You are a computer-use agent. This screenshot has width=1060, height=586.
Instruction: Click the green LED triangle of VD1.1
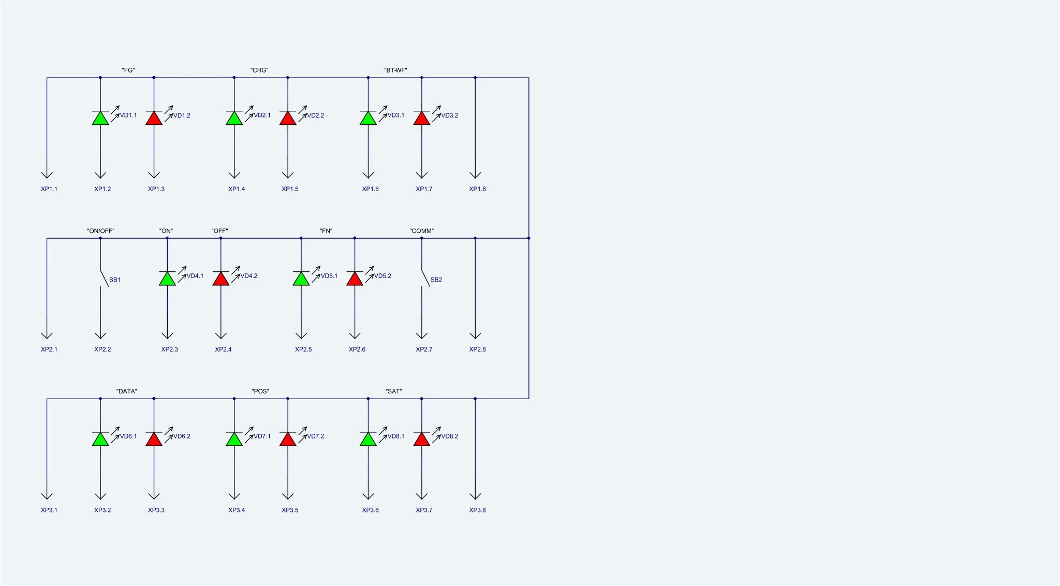pos(100,118)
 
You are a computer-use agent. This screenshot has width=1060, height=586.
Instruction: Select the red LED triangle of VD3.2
pos(422,118)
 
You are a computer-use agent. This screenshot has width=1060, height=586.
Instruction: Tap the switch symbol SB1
pos(104,277)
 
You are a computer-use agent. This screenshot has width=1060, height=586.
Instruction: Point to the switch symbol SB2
pos(425,277)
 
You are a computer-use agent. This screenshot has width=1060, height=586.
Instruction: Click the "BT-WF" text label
pos(395,70)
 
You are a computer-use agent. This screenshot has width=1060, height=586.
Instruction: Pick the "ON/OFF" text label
pos(100,231)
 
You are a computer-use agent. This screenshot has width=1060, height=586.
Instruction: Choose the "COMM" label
pos(421,231)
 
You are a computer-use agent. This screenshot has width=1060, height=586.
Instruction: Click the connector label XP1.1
pos(49,189)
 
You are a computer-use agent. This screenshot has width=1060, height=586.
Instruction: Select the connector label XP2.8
pos(477,349)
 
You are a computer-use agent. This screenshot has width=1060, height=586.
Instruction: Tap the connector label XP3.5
pos(290,510)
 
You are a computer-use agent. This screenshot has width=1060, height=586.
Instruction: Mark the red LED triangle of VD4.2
pos(221,279)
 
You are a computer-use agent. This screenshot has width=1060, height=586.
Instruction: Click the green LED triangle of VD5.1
pos(301,279)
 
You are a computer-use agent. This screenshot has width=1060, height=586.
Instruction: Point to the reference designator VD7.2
pos(315,436)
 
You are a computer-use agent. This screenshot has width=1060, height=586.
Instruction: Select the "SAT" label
pos(393,391)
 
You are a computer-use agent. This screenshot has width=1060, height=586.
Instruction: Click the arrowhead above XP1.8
pos(475,175)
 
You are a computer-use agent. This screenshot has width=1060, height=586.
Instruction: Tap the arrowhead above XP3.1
pos(47,496)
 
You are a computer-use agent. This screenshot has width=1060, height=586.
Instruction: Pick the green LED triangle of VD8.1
pos(368,439)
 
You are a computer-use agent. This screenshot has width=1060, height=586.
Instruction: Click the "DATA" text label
pos(127,391)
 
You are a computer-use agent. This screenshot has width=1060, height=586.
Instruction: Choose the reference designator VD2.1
pos(262,115)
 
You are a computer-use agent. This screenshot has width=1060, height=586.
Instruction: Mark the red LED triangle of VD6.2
pos(154,439)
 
